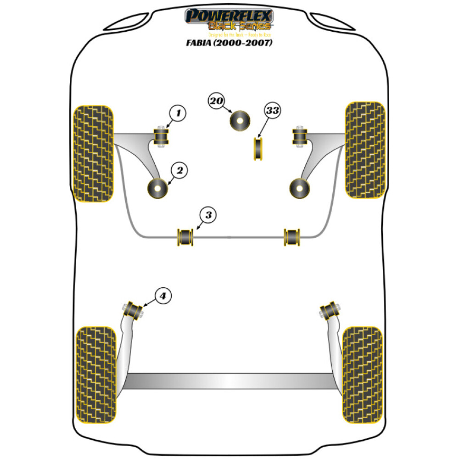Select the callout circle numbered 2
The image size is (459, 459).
[x=179, y=171]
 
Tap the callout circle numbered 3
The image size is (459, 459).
[x=208, y=215]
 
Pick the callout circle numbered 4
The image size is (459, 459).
[x=163, y=297]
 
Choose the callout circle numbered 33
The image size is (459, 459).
[x=272, y=111]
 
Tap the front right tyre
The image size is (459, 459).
[x=365, y=150]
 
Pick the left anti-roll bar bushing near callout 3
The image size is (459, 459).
[x=186, y=236]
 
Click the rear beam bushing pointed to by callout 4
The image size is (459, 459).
[x=134, y=310]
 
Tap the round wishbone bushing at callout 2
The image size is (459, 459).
[x=158, y=188]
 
